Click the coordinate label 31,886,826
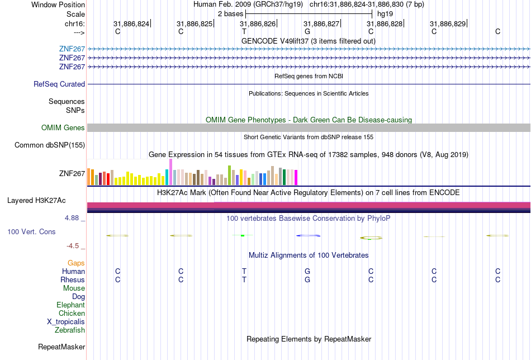point(258,24)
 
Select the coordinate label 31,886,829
point(447,24)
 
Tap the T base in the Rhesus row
point(244,280)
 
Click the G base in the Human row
point(307,271)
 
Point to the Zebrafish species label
point(70,330)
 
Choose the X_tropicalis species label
point(66,322)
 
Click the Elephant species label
point(70,305)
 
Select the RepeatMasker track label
point(61,347)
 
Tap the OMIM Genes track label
point(63,128)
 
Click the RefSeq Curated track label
point(59,84)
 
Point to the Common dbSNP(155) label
point(50,145)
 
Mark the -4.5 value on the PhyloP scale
point(73,245)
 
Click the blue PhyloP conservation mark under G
point(307,236)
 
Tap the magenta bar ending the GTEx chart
point(296,177)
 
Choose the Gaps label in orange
point(76,263)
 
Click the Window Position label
point(58,4)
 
